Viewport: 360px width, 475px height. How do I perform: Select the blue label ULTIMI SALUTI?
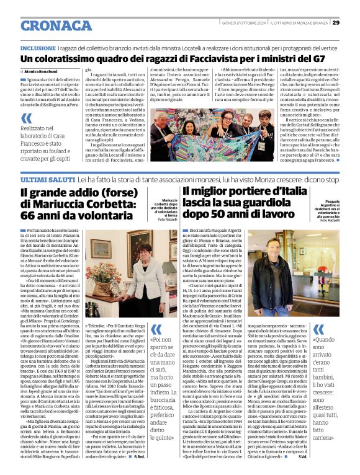pos(40,161)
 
